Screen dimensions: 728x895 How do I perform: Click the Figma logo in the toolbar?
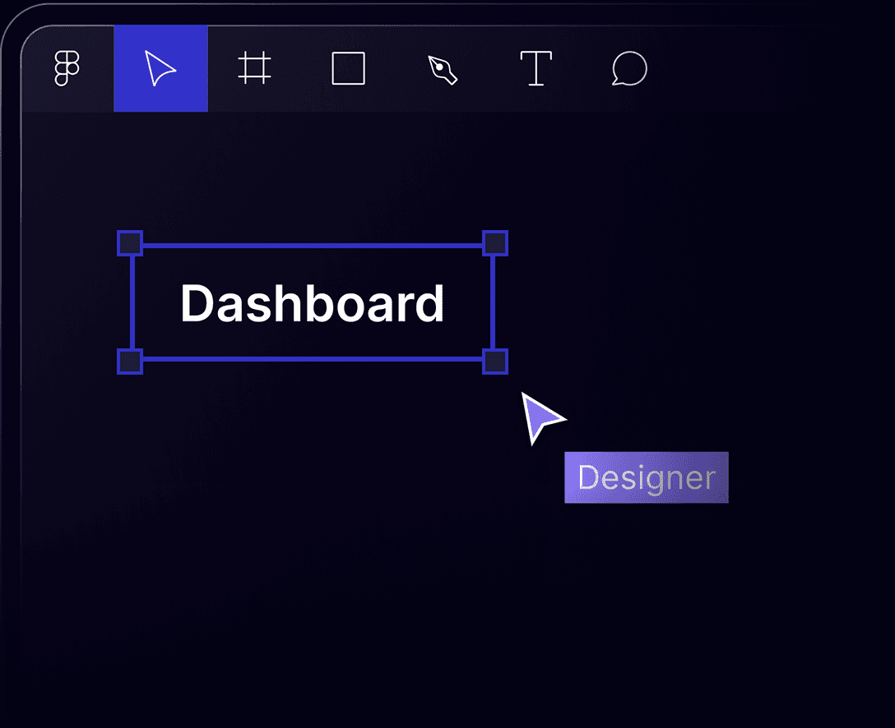coord(67,68)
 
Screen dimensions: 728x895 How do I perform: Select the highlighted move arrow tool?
coord(160,68)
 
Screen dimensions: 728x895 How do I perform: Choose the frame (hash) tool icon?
coord(254,68)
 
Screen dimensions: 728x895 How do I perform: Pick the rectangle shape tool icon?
coord(348,68)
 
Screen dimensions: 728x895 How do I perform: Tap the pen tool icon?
coord(443,69)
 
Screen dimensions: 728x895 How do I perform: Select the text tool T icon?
coord(536,68)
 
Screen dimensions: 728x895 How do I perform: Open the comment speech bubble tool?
coord(629,69)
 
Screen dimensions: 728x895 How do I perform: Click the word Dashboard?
coord(312,303)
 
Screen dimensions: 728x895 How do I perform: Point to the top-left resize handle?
coord(130,243)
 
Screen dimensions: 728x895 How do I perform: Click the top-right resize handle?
coord(494,243)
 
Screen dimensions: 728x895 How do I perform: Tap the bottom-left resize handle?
coord(130,362)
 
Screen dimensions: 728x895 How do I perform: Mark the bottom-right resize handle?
coord(494,362)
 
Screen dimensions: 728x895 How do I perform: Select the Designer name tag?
coord(646,477)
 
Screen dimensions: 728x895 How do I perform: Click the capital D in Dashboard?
coord(196,303)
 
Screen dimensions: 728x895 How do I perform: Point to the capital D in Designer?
coord(587,477)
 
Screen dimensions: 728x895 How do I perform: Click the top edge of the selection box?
coord(313,245)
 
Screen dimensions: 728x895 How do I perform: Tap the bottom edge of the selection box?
coord(313,359)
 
